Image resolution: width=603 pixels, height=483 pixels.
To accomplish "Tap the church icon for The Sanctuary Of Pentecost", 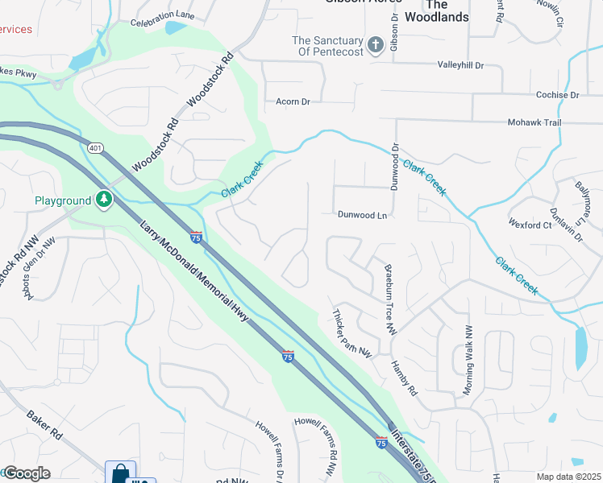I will (375, 46).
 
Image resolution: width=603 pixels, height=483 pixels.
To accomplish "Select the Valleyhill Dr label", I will (460, 65).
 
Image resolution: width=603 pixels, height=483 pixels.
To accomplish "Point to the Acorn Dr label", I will (293, 101).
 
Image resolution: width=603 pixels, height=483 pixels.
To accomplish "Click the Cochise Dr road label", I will (557, 95).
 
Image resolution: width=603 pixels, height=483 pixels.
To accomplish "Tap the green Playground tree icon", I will (103, 199).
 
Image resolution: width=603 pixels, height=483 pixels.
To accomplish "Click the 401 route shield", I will (95, 148).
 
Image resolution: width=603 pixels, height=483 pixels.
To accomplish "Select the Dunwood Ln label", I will (363, 215).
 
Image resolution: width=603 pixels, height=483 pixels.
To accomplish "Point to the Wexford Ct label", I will (530, 225).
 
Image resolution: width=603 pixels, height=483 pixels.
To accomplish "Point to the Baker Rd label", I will (44, 424).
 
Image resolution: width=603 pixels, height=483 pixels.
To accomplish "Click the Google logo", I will (27, 473).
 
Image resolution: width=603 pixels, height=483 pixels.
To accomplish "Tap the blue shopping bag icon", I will (120, 473).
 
